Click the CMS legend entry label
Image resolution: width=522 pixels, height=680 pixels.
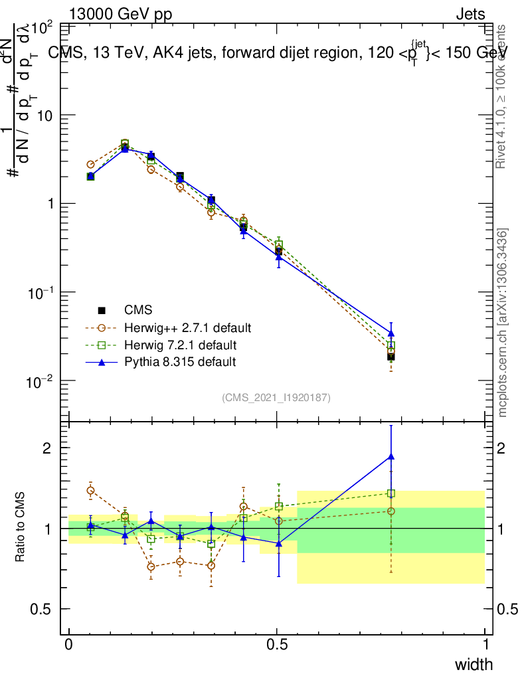point(138,310)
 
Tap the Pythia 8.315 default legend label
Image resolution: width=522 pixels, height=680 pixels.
point(180,362)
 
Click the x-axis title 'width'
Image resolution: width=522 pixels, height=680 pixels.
point(474,664)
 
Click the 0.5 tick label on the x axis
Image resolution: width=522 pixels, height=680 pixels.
point(277,644)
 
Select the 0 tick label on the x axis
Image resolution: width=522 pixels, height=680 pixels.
point(69,644)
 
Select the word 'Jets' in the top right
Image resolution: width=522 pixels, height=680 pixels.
point(470,14)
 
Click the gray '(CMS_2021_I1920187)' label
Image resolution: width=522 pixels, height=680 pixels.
point(276,398)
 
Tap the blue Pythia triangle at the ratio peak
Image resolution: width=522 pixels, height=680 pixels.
point(391,456)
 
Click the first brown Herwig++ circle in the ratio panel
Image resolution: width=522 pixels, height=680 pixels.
point(91,491)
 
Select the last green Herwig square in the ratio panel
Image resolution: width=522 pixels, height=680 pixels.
point(391,493)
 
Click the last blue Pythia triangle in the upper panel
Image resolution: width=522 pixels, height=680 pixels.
point(391,333)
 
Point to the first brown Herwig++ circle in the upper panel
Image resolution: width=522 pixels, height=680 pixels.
point(91,164)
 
